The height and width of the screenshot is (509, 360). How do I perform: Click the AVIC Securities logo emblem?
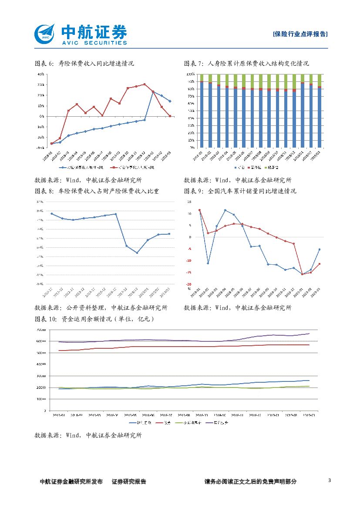[45, 33]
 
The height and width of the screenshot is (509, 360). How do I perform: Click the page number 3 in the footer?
[329, 481]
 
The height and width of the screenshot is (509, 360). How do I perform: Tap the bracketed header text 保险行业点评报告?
[300, 34]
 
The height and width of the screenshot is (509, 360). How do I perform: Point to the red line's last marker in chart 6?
[170, 116]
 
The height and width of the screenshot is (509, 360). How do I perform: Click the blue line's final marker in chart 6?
[170, 101]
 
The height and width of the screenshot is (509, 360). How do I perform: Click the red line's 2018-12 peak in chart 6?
[145, 84]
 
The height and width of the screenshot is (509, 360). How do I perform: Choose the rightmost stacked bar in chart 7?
[320, 111]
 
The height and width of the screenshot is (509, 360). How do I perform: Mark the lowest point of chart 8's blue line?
[137, 253]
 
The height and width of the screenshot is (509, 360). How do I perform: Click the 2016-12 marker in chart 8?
[115, 214]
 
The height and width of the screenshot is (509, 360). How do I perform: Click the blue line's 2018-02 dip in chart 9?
[208, 263]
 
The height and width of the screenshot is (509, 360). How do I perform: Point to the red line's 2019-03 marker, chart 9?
[320, 264]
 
